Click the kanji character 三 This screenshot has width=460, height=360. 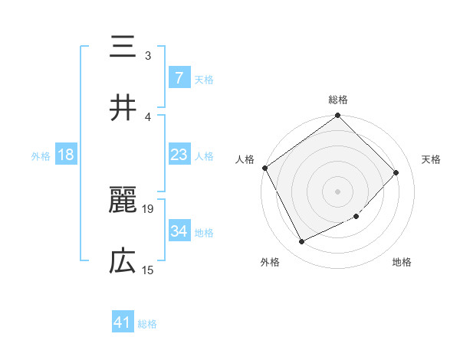[x=123, y=48]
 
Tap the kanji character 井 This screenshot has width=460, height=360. [x=123, y=108]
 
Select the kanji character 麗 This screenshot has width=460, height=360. [x=123, y=202]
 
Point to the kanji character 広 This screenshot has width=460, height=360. [x=123, y=263]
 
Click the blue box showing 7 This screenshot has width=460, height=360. [x=179, y=78]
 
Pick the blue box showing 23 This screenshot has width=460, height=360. [x=179, y=155]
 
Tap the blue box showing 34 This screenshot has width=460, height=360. [x=179, y=231]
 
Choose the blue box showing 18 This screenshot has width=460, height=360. [x=66, y=155]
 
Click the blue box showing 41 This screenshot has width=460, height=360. [x=123, y=323]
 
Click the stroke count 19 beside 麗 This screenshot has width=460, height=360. [x=149, y=208]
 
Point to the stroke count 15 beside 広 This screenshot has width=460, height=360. [x=149, y=270]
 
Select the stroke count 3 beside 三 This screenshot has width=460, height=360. [x=149, y=55]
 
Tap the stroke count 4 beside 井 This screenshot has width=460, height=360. [x=149, y=116]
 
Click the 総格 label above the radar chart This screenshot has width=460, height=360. [x=338, y=100]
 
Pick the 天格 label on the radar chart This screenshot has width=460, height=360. [x=432, y=159]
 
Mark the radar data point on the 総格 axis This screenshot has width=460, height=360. [x=338, y=116]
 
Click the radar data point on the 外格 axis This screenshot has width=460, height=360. [x=301, y=242]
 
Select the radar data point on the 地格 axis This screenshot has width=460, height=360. [x=356, y=217]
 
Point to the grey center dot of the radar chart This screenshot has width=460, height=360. [x=338, y=191]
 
